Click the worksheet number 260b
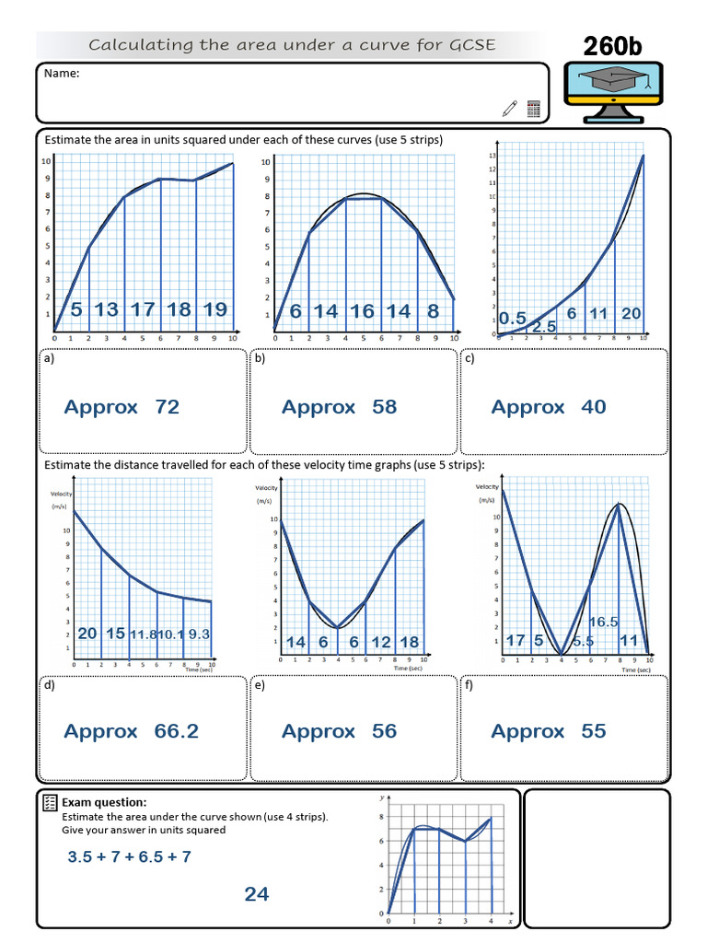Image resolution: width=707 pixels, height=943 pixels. [x=618, y=45]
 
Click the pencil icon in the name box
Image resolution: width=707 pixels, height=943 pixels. [x=510, y=109]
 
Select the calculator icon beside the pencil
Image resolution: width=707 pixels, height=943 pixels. [x=533, y=109]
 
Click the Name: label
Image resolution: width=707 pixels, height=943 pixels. [x=61, y=74]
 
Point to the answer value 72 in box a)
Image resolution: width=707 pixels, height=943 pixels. [x=168, y=407]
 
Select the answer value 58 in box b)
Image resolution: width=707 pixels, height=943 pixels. [x=385, y=407]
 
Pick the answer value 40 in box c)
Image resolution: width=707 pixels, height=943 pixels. [x=594, y=407]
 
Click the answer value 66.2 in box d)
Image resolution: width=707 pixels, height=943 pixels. [x=177, y=731]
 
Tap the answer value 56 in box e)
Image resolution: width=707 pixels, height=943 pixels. [x=385, y=731]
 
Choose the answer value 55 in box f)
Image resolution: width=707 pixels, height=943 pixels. [x=594, y=731]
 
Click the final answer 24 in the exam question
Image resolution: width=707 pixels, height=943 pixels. [x=257, y=894]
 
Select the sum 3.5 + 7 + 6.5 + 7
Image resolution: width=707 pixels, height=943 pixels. [x=130, y=856]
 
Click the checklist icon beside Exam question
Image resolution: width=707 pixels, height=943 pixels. [x=51, y=804]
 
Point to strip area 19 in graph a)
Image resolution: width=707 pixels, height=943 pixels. [x=214, y=309]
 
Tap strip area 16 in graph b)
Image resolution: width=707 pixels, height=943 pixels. [x=362, y=311]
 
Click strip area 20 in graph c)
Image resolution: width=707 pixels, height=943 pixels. [x=631, y=313]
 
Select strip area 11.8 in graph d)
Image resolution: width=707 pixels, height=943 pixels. [x=143, y=634]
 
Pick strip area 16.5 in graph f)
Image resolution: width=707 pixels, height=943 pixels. [x=603, y=623]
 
